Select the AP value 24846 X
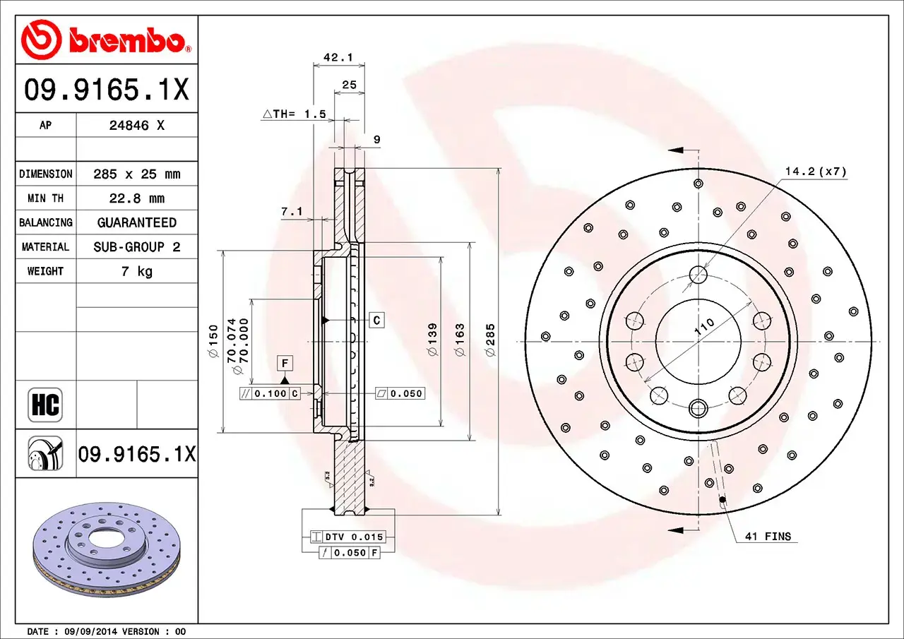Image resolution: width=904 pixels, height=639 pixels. click(137, 126)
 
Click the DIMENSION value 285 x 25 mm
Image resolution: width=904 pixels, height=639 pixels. click(137, 174)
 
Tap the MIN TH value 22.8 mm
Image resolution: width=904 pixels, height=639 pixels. click(137, 198)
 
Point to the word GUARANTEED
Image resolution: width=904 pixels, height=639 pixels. click(137, 222)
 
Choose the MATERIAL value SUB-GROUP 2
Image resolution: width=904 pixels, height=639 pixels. click(137, 247)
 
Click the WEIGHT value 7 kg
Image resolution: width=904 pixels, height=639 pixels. click(137, 271)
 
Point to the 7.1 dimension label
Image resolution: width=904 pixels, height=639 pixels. click(291, 211)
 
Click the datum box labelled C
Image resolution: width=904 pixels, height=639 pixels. click(377, 321)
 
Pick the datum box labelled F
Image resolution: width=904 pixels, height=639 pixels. click(285, 364)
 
